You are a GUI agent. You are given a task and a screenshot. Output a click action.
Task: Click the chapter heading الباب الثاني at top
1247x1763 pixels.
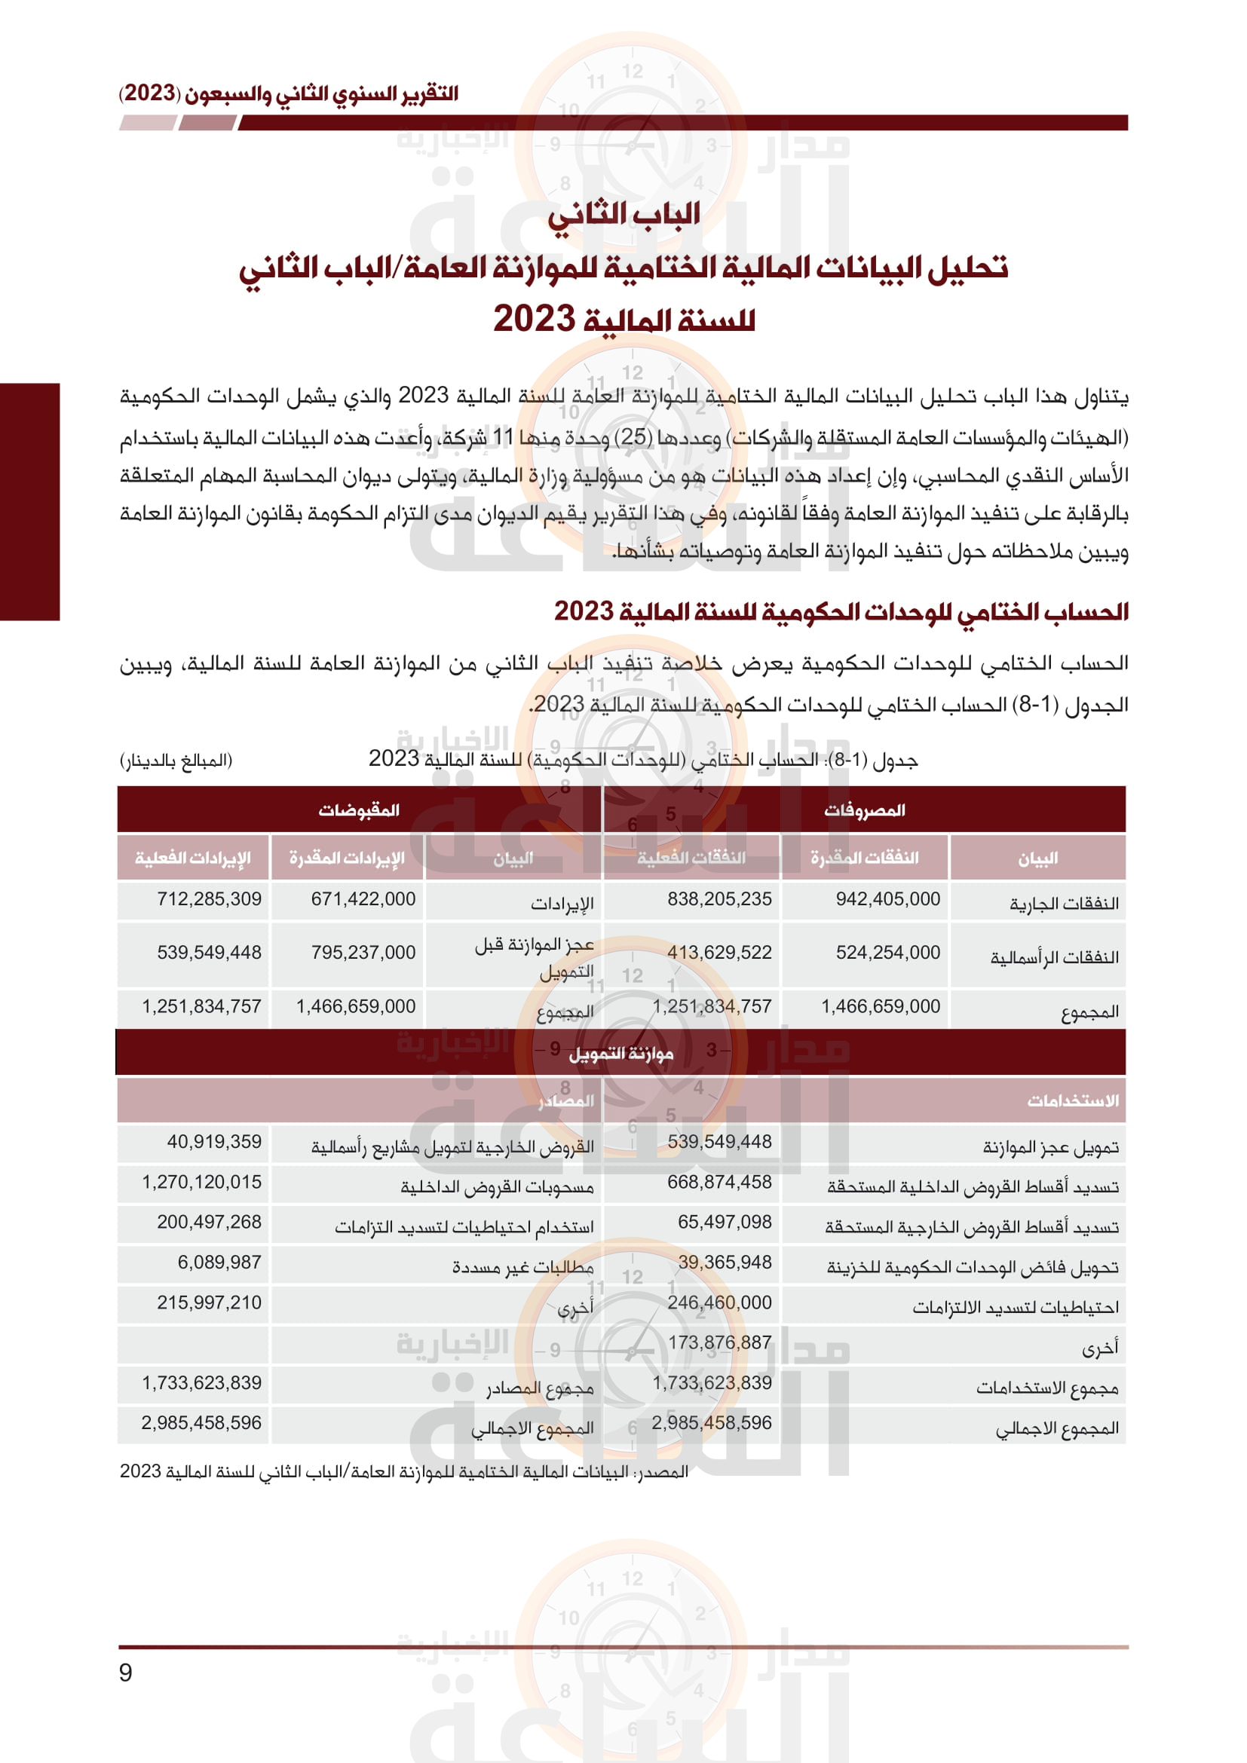pyautogui.click(x=623, y=214)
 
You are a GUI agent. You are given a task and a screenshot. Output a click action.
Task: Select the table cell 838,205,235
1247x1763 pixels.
pyautogui.click(x=718, y=899)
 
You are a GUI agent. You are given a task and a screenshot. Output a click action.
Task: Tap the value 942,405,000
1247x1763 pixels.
pyautogui.click(x=887, y=899)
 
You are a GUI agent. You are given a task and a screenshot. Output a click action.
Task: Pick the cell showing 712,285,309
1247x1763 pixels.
pyautogui.click(x=209, y=899)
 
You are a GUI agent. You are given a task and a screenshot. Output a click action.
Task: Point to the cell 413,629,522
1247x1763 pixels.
pyautogui.click(x=718, y=953)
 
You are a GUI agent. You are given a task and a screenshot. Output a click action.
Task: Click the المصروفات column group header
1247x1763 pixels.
pyautogui.click(x=865, y=810)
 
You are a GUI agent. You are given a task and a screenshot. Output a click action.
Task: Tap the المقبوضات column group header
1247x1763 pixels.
pyautogui.click(x=360, y=810)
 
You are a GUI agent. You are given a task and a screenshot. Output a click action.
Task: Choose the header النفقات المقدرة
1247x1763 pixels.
pyautogui.click(x=865, y=858)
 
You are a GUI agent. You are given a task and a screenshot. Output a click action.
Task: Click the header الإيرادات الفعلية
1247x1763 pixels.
pyautogui.click(x=193, y=858)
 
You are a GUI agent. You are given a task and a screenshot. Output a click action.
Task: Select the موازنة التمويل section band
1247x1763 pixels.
pyautogui.click(x=620, y=1054)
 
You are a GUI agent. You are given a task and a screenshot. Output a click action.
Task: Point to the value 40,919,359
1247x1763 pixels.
pyautogui.click(x=214, y=1142)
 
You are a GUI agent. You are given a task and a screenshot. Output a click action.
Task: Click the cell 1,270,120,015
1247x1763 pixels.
pyautogui.click(x=201, y=1182)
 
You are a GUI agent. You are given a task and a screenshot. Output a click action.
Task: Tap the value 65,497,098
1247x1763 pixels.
pyautogui.click(x=724, y=1222)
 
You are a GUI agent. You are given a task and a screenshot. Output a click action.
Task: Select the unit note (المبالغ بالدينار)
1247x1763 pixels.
pyautogui.click(x=176, y=761)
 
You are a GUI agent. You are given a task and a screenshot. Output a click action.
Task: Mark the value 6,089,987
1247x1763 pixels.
pyautogui.click(x=219, y=1263)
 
